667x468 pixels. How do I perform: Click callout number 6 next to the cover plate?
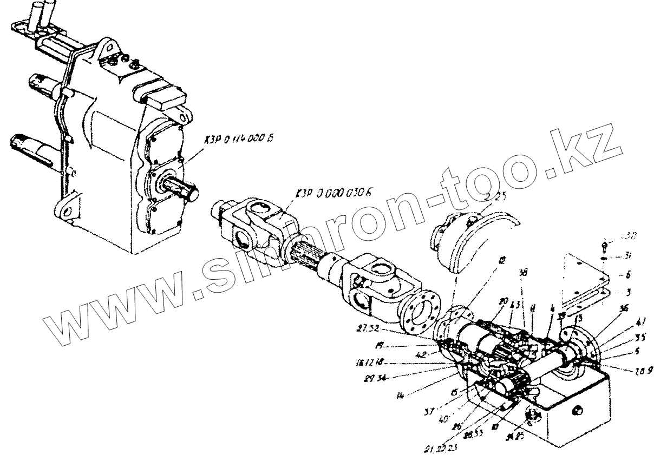[x=628, y=274]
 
